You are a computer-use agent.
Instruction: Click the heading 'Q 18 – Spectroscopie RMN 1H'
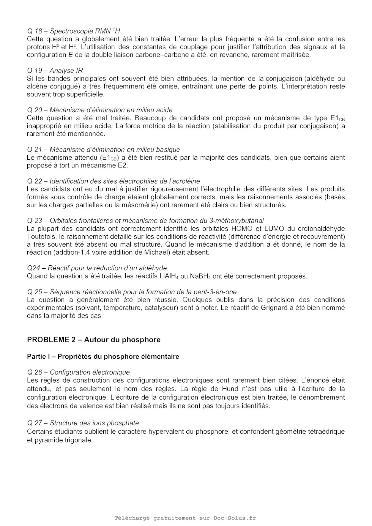coord(73,31)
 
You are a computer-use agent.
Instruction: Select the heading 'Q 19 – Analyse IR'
coord(55,71)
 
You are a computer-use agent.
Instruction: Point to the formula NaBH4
coord(200,276)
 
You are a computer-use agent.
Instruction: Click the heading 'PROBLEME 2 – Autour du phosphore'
coord(93,340)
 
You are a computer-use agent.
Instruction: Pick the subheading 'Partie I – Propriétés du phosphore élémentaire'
coord(103,357)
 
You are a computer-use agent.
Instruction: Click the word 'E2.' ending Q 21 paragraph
coord(123,165)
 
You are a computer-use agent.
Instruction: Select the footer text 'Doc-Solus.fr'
coord(234,518)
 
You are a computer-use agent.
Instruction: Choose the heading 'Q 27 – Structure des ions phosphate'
coord(83,423)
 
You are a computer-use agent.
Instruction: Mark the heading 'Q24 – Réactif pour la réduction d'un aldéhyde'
coord(97,268)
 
